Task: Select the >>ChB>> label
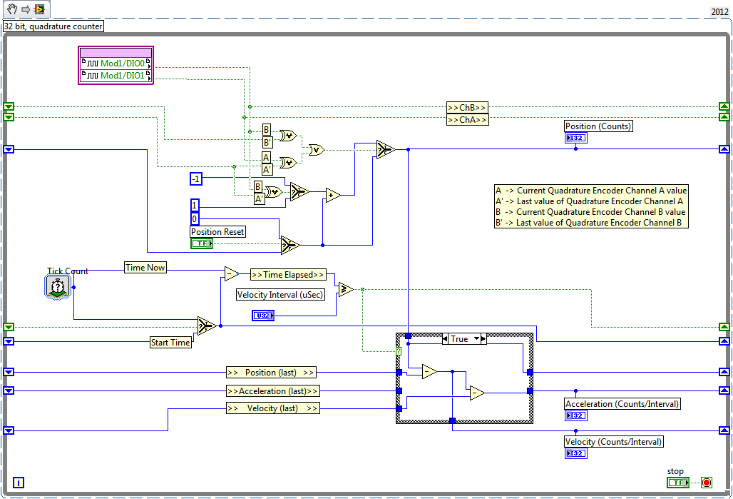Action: coord(467,108)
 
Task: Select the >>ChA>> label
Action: coord(467,120)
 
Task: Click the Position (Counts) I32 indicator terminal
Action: coord(575,138)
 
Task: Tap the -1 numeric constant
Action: coord(196,178)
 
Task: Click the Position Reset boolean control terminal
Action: coord(202,243)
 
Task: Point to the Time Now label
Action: coord(145,268)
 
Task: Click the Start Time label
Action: coord(170,343)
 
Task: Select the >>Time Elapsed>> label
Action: coord(287,275)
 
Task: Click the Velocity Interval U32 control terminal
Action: coord(263,316)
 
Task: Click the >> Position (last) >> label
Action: coord(271,373)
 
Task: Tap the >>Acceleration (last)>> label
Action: coord(272,391)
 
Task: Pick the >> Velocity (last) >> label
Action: coord(272,408)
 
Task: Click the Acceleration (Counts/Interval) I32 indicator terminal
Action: coord(575,415)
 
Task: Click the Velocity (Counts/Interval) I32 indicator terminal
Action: coord(575,453)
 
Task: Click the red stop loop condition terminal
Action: coord(706,483)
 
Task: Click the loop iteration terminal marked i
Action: coord(18,483)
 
